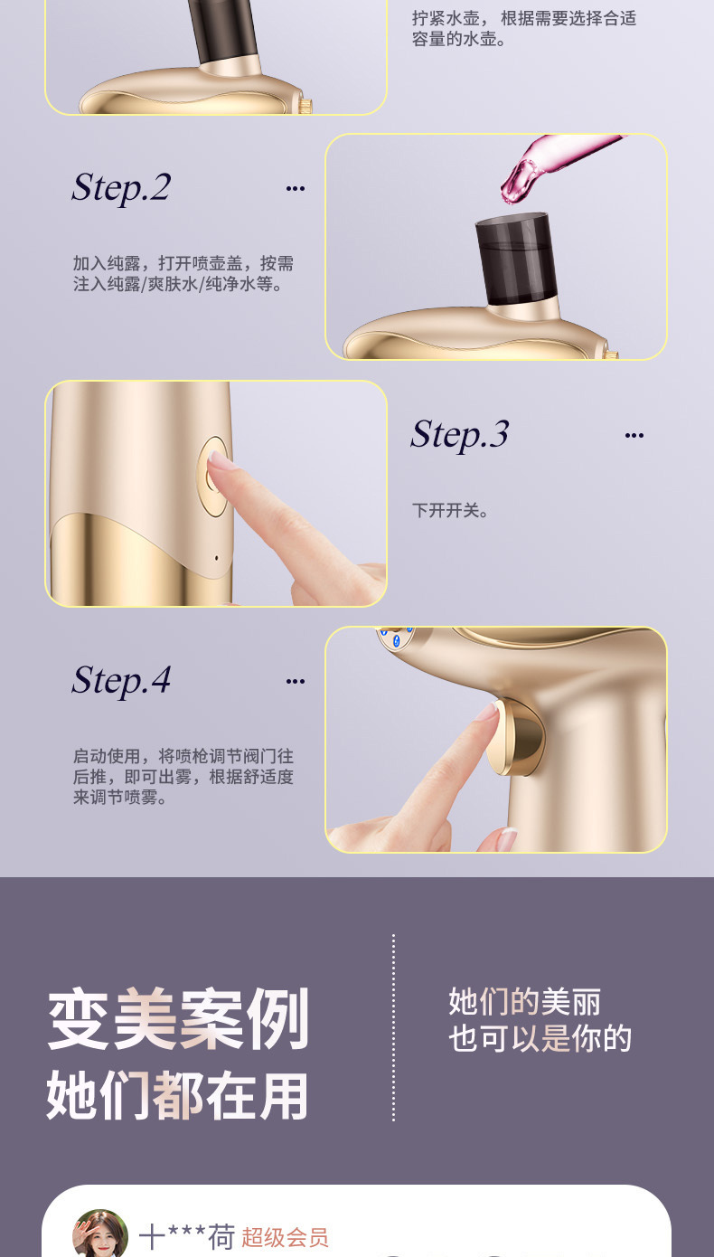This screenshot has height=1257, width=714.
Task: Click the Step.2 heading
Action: pos(121,188)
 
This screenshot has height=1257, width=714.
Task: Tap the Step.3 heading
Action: pos(459,435)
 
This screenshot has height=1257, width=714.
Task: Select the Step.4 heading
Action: pos(121,680)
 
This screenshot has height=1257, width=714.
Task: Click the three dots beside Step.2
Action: pos(295,189)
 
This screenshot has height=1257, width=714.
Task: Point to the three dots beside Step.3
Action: pos(634,436)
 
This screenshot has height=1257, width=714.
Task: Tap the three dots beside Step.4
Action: pos(295,681)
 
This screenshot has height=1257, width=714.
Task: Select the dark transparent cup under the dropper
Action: pos(512,258)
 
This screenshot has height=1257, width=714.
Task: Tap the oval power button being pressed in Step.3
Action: pos(213,477)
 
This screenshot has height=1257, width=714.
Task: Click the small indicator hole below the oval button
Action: pos(216,557)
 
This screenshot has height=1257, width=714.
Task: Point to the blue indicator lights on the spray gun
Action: pos(396,638)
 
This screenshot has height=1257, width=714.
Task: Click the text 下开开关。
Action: pos(451,511)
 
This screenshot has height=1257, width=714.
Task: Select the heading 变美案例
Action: pos(178,1019)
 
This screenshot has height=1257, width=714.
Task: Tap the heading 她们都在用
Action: pos(178,1095)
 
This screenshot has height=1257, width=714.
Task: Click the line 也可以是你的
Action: pos(540,1039)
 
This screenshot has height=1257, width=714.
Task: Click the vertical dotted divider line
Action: pos(393,1028)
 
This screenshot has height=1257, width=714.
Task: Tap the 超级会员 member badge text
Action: pos(285,1238)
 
